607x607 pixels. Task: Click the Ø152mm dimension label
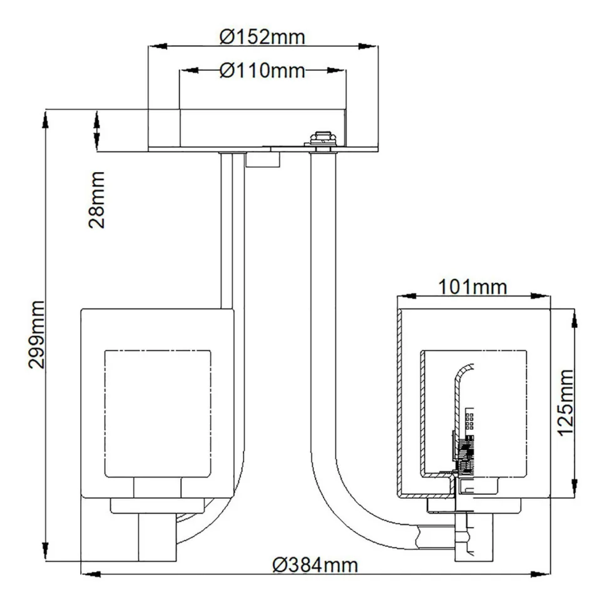tap(262, 38)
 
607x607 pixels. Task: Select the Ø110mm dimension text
tap(262, 71)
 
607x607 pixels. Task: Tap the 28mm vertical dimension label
tap(98, 200)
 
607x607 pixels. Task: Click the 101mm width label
tap(472, 287)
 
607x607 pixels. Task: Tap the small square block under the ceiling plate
tap(262, 160)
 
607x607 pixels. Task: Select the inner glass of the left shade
tap(156, 413)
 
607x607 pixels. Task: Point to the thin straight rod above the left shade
tap(227, 232)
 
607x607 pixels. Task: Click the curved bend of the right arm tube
tap(350, 501)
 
